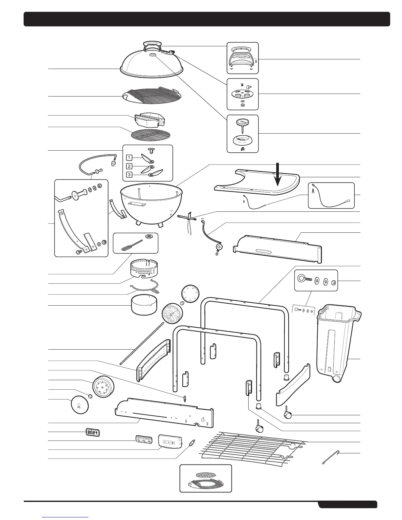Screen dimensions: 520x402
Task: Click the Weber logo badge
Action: [x=93, y=433]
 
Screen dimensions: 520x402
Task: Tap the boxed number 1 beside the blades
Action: [x=130, y=158]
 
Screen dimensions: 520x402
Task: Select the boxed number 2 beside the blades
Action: [x=130, y=166]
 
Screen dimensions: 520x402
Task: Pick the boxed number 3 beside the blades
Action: [x=130, y=175]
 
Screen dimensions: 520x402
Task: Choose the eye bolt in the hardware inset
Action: [x=303, y=279]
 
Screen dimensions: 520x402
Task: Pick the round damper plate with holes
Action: [x=242, y=94]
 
